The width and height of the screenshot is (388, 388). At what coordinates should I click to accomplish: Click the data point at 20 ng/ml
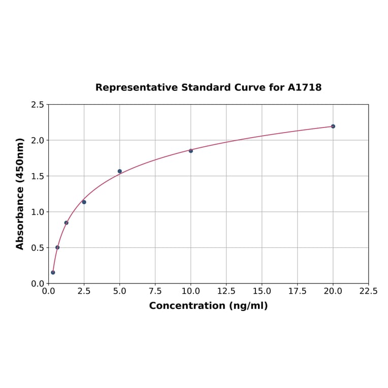click(x=333, y=126)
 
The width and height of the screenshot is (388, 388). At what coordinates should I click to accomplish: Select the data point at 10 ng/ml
click(x=190, y=151)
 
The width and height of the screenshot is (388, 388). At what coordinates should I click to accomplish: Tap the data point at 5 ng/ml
click(x=119, y=171)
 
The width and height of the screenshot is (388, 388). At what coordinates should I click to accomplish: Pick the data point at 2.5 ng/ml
click(x=84, y=202)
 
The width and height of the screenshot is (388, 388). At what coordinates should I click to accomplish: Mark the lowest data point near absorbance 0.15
click(x=53, y=272)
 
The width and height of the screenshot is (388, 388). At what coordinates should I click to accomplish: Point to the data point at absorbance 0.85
click(x=66, y=222)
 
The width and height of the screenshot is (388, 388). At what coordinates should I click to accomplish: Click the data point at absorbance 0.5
click(x=57, y=247)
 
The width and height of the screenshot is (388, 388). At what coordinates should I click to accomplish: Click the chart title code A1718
click(x=304, y=87)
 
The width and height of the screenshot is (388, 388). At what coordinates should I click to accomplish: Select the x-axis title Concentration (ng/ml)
click(x=208, y=306)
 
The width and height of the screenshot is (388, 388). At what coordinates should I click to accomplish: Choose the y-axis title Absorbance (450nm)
click(x=20, y=193)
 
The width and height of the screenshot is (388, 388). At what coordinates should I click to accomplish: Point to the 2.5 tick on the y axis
click(x=38, y=105)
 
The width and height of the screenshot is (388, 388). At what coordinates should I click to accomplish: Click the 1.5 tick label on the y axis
click(x=38, y=176)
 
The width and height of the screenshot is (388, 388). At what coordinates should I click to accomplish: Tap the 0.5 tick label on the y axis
click(x=38, y=248)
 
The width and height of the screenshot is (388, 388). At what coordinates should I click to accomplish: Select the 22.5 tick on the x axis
click(x=368, y=292)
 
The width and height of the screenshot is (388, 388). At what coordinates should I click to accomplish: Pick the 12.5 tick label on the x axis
click(x=226, y=292)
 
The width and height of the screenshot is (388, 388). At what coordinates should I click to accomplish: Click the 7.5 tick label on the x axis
click(x=155, y=292)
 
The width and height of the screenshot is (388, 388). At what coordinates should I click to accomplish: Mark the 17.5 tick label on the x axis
click(x=297, y=292)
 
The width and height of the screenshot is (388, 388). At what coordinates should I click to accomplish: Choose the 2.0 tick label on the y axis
click(x=38, y=140)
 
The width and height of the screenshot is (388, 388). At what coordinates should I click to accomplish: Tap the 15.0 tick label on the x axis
click(x=262, y=292)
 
